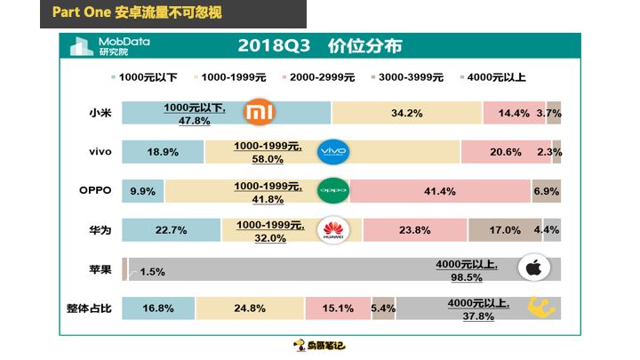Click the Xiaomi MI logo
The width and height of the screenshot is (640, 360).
point(260,113)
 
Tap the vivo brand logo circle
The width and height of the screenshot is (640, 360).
point(333,152)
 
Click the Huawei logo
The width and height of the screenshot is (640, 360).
point(333,230)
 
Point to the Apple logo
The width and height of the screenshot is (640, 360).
point(535,268)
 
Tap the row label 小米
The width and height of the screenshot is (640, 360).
point(100,113)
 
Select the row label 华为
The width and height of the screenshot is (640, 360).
point(100,230)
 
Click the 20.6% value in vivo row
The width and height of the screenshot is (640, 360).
point(504,152)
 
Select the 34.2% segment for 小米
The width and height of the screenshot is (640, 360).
point(406,113)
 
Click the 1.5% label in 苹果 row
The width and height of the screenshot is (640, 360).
point(152,271)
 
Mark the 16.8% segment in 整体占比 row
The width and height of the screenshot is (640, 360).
point(158,308)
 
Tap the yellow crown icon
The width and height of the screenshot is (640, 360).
point(541,308)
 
